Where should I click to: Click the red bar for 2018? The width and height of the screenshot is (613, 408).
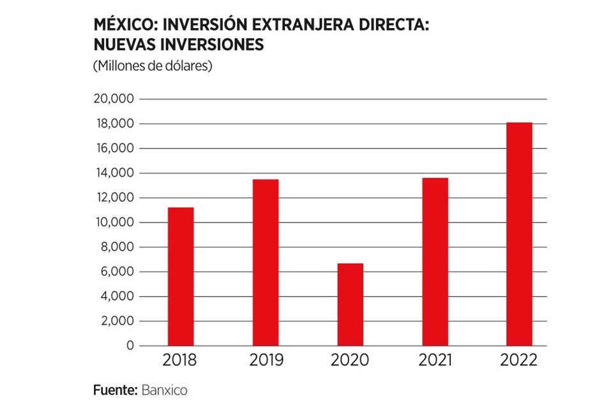click(x=180, y=276)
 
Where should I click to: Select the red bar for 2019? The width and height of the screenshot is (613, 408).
click(x=265, y=262)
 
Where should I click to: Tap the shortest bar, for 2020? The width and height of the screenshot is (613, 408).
click(x=350, y=304)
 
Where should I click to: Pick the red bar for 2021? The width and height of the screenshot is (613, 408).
click(x=435, y=261)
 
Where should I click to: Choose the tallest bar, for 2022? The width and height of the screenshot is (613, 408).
click(x=519, y=234)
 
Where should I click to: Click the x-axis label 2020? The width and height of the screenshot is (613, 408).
click(x=350, y=361)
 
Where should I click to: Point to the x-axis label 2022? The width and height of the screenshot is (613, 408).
click(x=519, y=361)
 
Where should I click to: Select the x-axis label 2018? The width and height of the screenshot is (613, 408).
click(x=180, y=361)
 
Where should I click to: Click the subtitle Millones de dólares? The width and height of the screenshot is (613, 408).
click(x=153, y=66)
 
